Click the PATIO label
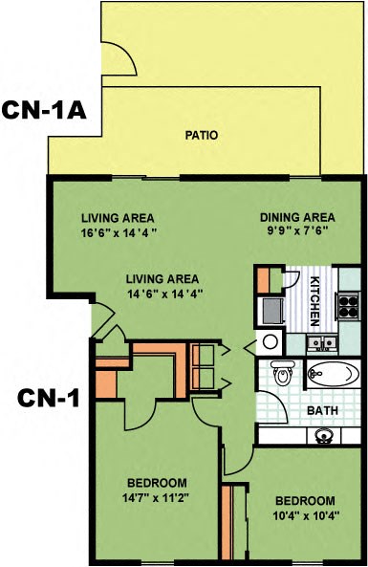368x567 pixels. tap(201, 135)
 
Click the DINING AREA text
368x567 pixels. tap(297, 217)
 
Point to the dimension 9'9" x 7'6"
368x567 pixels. tap(297, 230)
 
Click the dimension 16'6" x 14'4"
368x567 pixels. tap(118, 230)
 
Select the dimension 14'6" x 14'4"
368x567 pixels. tap(165, 294)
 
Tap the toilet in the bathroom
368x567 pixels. tap(281, 375)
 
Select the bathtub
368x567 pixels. tap(334, 375)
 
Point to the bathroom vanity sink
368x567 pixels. tap(323, 436)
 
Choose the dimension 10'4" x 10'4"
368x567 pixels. tap(305, 514)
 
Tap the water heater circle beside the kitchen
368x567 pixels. tap(270, 341)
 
